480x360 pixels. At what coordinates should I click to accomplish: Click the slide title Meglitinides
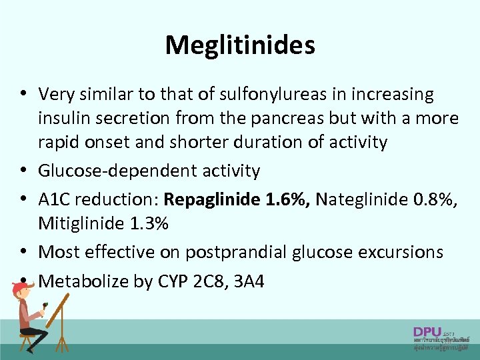coord(240,45)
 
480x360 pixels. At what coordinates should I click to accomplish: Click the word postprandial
coord(237,252)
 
